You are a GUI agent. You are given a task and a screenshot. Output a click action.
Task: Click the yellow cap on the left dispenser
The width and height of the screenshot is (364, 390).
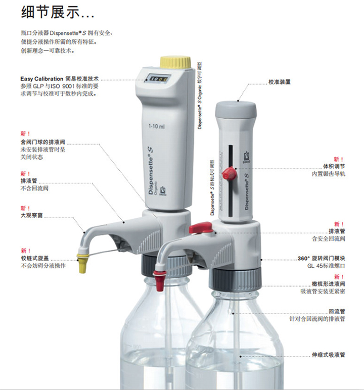tap(175, 62)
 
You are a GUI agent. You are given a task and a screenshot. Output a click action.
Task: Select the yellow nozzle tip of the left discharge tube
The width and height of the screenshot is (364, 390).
tap(82, 262)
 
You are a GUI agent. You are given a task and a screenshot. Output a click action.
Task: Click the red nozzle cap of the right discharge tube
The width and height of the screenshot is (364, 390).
tap(159, 281)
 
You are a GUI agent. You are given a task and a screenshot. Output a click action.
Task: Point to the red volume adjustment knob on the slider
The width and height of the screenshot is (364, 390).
tap(230, 174)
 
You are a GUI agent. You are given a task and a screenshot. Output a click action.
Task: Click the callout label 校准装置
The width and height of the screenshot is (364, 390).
tap(280, 81)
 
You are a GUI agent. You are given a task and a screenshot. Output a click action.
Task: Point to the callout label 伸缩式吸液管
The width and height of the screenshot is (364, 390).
tap(329, 355)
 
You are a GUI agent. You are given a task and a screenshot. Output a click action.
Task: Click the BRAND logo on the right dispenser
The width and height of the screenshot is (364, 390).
tap(247, 157)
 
